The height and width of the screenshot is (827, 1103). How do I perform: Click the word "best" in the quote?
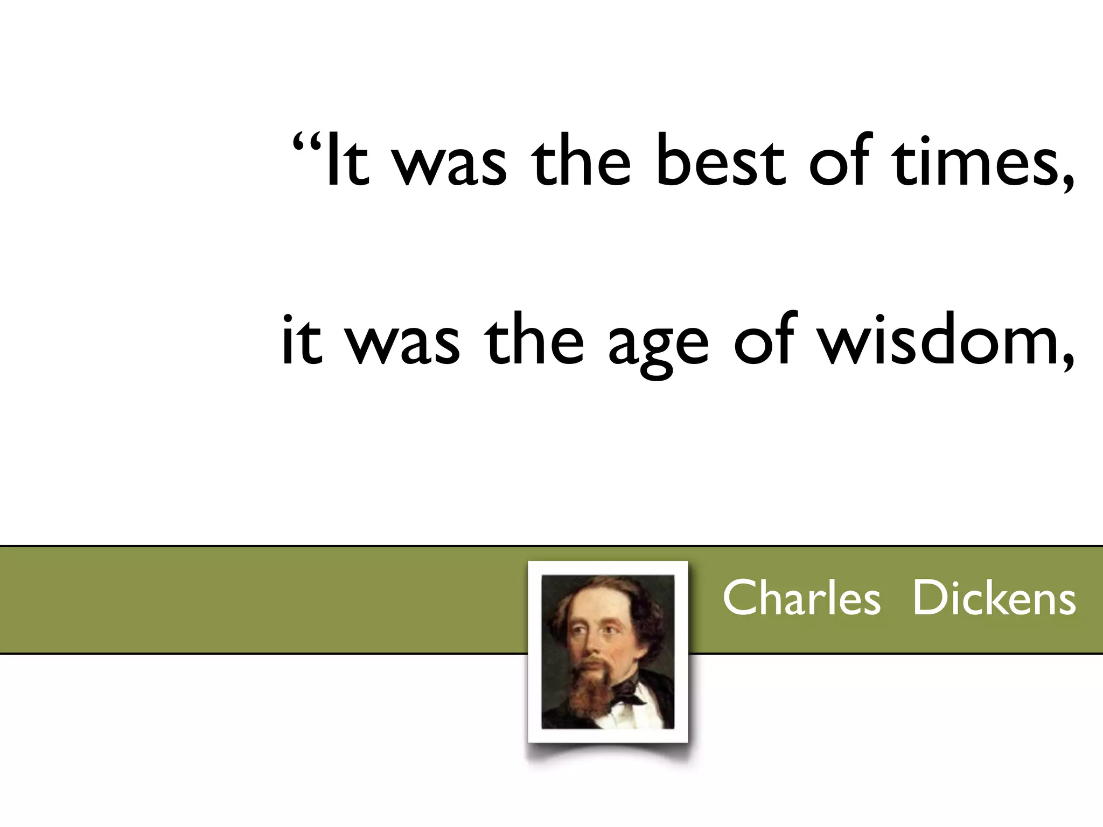click(720, 160)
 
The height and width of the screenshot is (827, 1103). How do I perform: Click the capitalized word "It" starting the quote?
click(347, 160)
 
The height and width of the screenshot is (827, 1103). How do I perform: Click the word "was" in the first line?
click(450, 164)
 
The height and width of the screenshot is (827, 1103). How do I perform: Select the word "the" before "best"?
click(580, 160)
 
